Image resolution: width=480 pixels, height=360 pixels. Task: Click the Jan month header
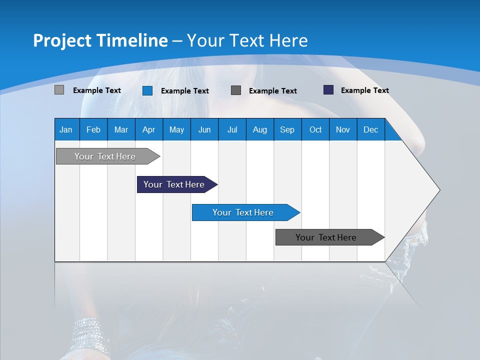(66, 130)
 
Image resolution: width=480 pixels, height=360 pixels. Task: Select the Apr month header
(148, 130)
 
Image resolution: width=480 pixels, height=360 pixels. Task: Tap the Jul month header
(232, 130)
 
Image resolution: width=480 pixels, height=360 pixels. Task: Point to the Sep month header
(287, 130)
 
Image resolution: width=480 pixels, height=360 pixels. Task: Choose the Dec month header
(370, 130)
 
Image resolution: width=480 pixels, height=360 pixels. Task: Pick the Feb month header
(93, 130)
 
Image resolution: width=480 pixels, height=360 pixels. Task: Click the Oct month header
(315, 130)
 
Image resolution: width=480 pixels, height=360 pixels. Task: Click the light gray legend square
(59, 90)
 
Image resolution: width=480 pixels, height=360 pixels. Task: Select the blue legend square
(147, 90)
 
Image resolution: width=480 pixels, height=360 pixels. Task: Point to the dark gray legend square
(236, 90)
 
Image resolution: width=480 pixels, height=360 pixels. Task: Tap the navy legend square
(328, 90)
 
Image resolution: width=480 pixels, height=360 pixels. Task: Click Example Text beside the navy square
(364, 90)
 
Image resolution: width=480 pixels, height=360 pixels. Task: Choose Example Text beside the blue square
(184, 91)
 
